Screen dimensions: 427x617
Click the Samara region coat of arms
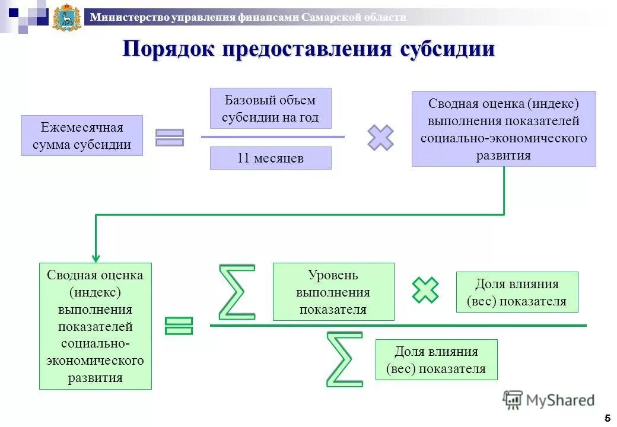(x=66, y=17)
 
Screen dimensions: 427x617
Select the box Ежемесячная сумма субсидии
(x=82, y=136)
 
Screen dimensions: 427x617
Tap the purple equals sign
(x=170, y=138)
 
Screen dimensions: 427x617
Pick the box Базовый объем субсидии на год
(x=271, y=109)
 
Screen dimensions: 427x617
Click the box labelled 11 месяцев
(x=271, y=158)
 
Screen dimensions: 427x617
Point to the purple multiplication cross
(x=380, y=138)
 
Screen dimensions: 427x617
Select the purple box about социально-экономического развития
(x=504, y=129)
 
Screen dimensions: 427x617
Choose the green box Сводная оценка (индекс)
(x=96, y=326)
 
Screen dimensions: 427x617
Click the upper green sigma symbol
(x=237, y=292)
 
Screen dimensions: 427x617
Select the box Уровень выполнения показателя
(x=333, y=292)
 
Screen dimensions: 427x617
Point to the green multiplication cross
(x=425, y=290)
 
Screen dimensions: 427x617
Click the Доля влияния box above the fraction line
(x=517, y=292)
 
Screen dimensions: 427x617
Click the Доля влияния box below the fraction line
(x=436, y=360)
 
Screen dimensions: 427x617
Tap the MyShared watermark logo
(x=549, y=400)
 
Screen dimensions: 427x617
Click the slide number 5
(x=607, y=418)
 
